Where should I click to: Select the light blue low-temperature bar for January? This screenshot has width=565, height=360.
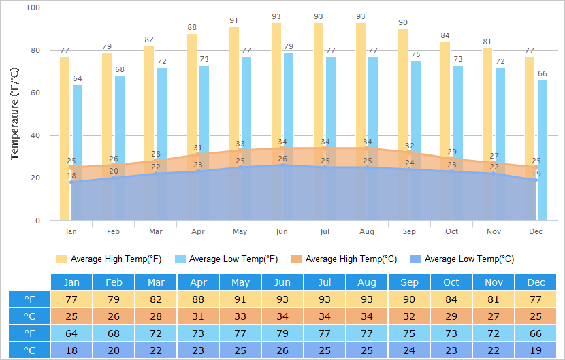coord(78,136)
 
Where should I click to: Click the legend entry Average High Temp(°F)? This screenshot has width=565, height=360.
coord(109,259)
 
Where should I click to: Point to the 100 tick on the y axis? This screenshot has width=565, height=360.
coord(33,7)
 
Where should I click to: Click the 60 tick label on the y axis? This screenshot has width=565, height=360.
coord(35,93)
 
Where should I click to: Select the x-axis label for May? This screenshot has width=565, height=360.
coord(240,232)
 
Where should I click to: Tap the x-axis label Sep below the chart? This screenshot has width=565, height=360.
coord(409,232)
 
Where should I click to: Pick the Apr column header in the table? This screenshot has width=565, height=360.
coord(198,282)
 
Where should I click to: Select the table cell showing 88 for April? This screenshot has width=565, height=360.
coord(198,299)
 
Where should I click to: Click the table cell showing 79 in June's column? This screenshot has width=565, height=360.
coord(282,333)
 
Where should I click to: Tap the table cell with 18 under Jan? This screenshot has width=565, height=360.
coord(71,350)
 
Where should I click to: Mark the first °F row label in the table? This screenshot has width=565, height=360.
coord(29,299)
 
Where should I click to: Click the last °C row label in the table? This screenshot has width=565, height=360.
coord(29,350)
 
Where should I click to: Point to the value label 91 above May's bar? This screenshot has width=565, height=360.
coord(234,20)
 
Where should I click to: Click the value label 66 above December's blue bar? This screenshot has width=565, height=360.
coord(543,73)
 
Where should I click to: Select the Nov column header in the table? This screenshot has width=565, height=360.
coord(494,282)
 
